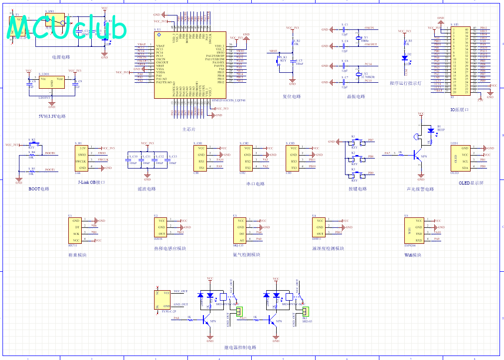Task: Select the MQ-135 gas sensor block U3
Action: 240,230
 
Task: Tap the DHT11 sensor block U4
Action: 320,227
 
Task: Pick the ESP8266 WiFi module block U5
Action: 414,230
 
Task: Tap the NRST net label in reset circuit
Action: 273,51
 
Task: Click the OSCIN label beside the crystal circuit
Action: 369,28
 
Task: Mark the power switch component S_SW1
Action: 55,20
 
